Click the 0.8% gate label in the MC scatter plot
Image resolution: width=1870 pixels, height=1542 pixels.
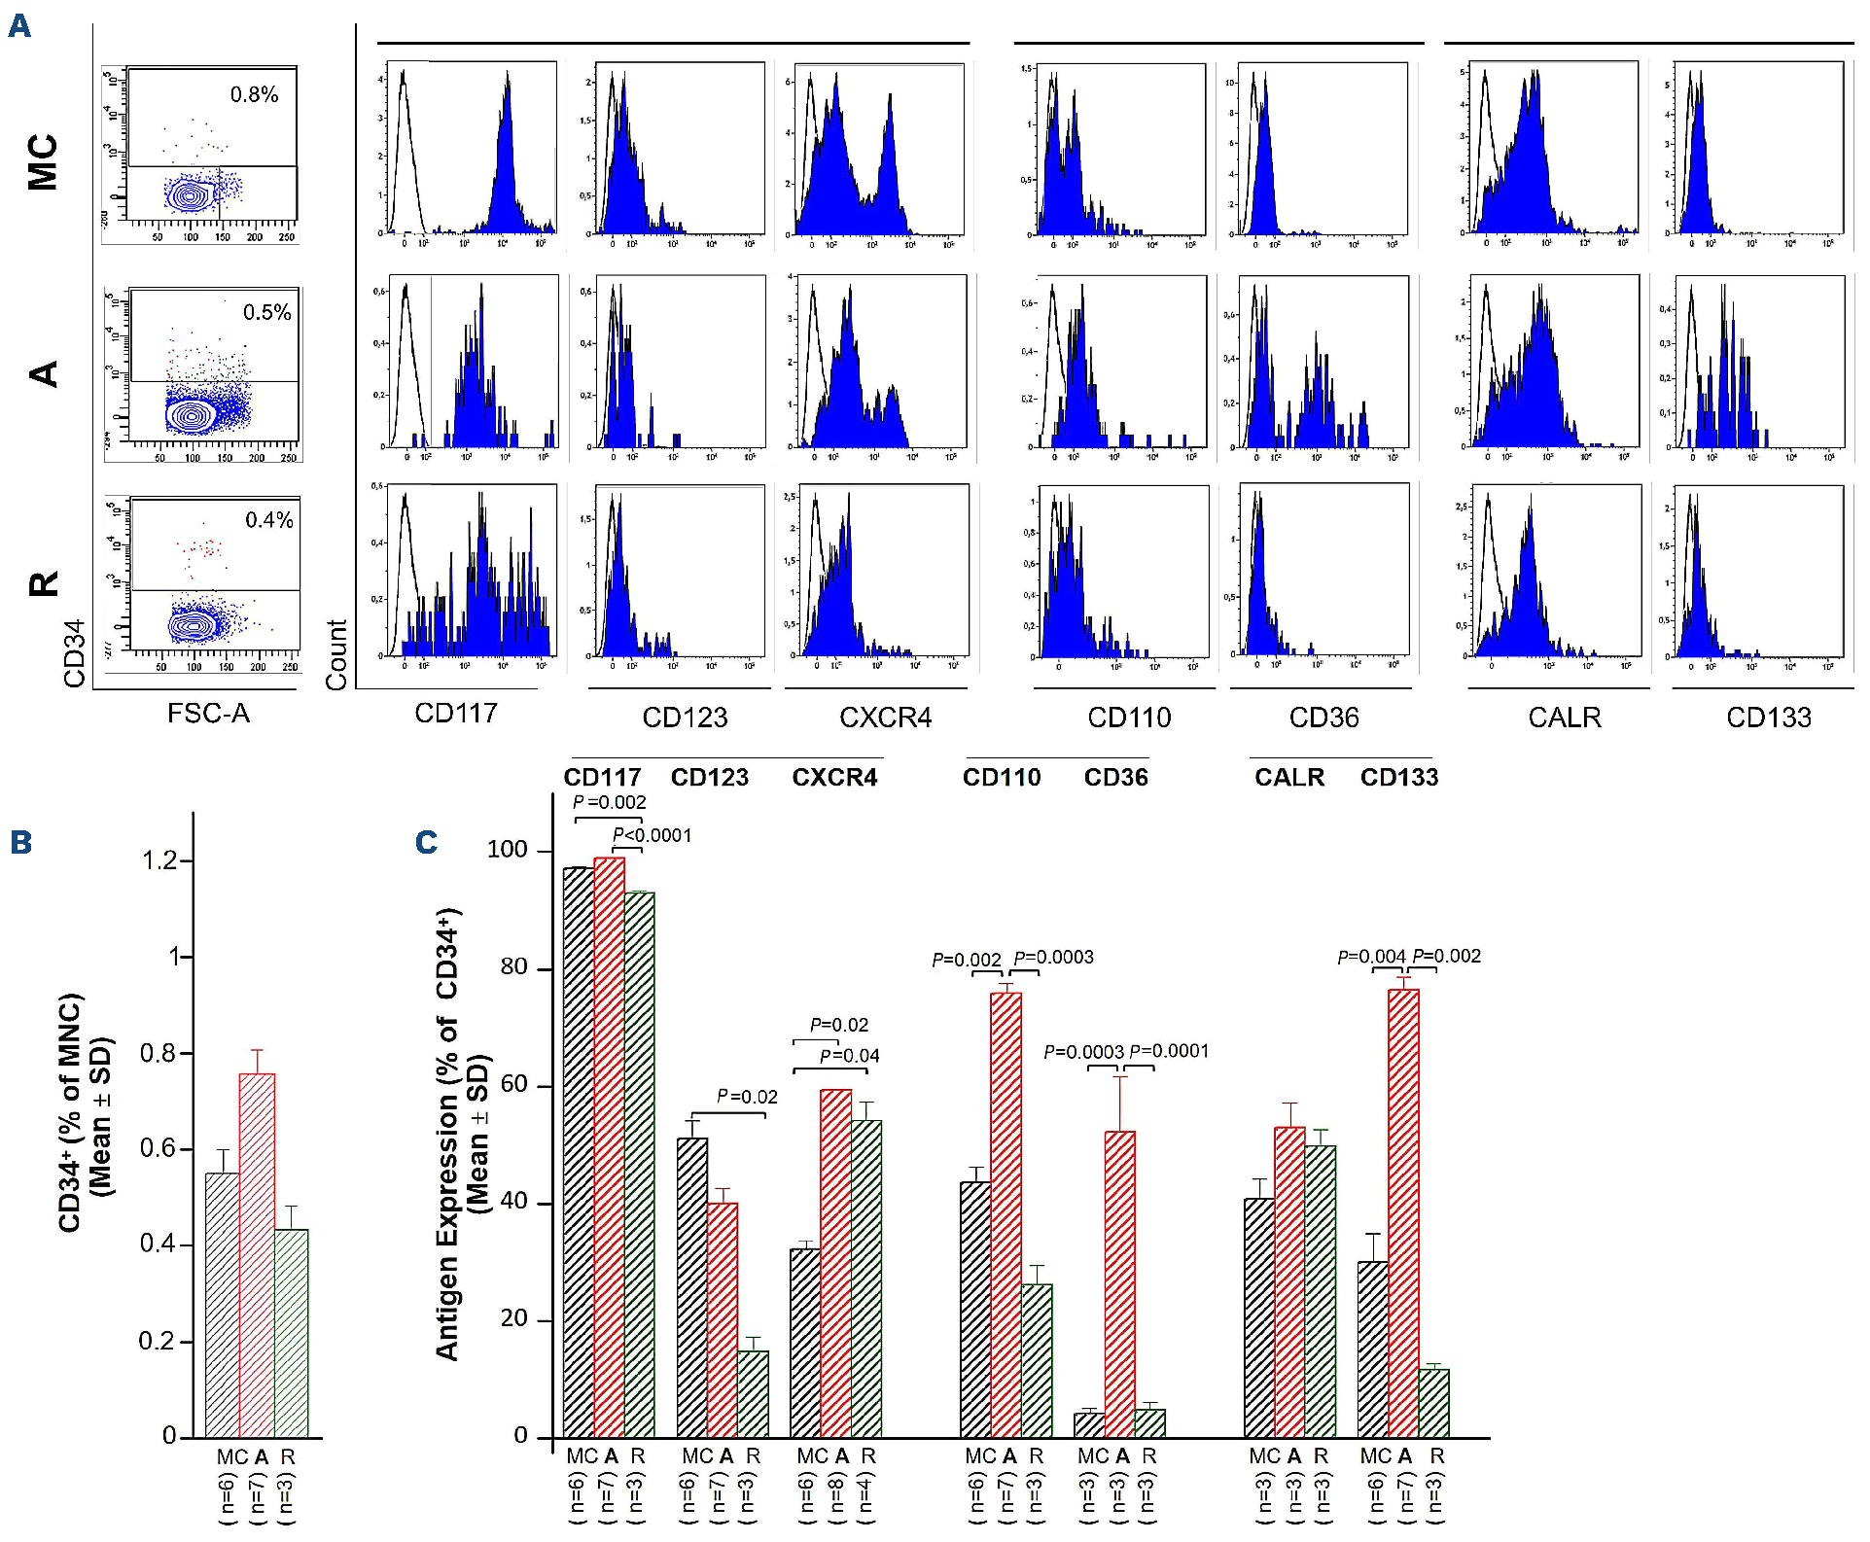(x=254, y=94)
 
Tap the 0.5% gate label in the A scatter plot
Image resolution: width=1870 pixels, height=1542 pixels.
(x=266, y=312)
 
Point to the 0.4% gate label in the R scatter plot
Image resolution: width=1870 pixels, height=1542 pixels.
(x=268, y=520)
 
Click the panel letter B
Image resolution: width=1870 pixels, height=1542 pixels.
(x=20, y=842)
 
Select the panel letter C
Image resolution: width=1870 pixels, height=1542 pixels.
(x=426, y=842)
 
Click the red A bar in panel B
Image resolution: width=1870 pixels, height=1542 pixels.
(x=257, y=1254)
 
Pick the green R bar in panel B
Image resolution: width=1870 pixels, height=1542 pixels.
(x=291, y=1332)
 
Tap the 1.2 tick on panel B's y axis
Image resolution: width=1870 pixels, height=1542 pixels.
(x=159, y=860)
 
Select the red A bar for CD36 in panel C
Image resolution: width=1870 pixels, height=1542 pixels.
(x=1119, y=1283)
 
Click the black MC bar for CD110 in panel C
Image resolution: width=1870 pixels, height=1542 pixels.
(x=975, y=1309)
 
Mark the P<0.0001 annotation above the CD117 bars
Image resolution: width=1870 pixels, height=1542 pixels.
(x=652, y=835)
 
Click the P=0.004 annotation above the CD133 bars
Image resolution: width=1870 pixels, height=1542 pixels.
(x=1371, y=957)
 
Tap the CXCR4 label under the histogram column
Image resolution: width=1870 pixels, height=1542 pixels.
(x=885, y=718)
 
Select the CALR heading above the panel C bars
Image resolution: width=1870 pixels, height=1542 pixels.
(x=1289, y=777)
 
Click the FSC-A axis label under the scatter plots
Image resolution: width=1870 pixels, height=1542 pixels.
(x=208, y=714)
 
